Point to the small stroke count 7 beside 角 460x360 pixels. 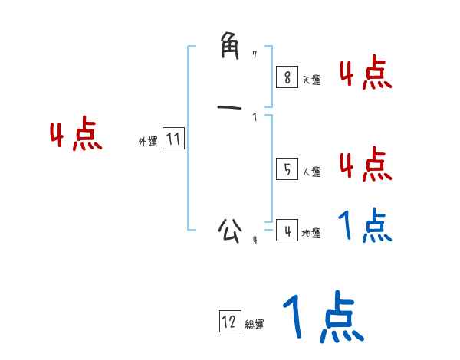coord(255,54)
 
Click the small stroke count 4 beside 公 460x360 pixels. coord(255,241)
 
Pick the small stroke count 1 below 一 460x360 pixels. coord(255,117)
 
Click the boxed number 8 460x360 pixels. coord(286,77)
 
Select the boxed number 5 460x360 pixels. coord(286,169)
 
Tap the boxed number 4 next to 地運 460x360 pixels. coord(286,230)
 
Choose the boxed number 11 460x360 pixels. coord(173,139)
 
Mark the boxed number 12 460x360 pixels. coord(229,322)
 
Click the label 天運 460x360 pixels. coord(311,80)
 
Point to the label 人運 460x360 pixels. coord(311,172)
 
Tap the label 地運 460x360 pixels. coord(311,234)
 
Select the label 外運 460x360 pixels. coord(148,142)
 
